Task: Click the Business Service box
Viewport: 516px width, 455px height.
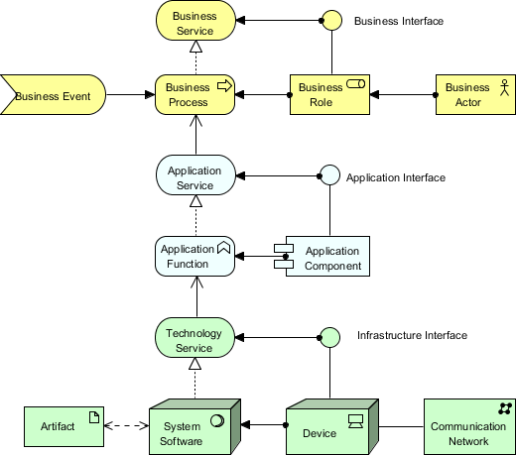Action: point(194,22)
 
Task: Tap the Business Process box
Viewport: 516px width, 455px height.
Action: point(194,95)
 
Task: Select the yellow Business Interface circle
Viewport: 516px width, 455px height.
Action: point(330,20)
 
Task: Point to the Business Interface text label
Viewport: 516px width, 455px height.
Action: point(398,21)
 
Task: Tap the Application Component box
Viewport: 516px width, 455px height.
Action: point(327,257)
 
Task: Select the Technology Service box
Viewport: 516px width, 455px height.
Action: point(194,339)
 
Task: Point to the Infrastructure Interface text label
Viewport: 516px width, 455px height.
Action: point(411,336)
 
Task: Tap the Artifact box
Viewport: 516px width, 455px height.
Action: point(63,425)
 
